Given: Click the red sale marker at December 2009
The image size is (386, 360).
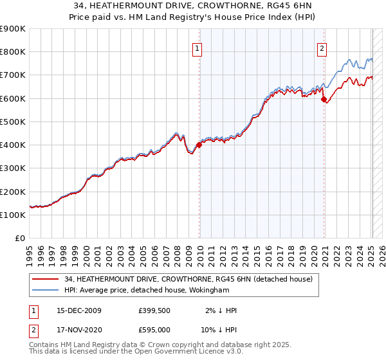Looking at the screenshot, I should coord(199,145).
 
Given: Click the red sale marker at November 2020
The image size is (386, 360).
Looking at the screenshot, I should coord(324,100).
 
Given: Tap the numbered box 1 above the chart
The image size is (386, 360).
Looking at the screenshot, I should coord(197,47).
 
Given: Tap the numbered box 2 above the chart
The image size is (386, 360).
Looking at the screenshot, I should coord(322,47).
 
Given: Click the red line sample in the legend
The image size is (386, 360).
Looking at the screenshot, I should coord(46,279).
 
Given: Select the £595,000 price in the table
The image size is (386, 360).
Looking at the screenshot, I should coord(154,330).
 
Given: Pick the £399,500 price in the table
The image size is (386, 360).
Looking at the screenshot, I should coord(154,310).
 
